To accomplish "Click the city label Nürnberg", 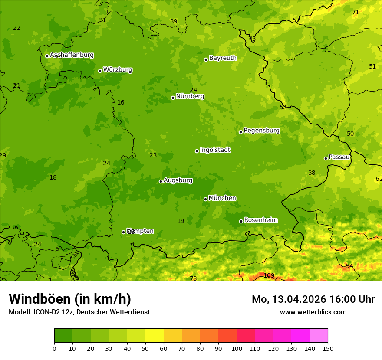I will tap(190, 96).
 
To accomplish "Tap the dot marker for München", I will tap(206, 199).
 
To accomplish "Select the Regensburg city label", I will tap(261, 131).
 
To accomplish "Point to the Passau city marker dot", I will tap(326, 158).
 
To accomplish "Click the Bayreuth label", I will tap(223, 58).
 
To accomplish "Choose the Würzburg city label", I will tap(118, 70).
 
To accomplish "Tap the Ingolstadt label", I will tap(215, 150).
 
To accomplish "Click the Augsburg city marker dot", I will tap(161, 181).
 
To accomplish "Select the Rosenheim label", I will tap(260, 220).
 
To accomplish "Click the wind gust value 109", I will tap(269, 275).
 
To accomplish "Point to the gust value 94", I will tap(349, 266).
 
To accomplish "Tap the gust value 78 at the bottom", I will tap(193, 278).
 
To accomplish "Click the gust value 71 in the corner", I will tap(356, 12).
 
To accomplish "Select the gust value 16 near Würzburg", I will tap(121, 103).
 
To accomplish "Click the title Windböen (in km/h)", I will tap(70, 299).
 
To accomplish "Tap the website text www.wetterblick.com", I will tap(313, 312).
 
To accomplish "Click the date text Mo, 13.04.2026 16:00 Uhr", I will tap(313, 299).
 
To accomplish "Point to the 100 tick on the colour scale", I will tap(237, 348).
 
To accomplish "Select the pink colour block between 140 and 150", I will tap(319, 336).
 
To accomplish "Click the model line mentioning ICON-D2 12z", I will tap(79, 312).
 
